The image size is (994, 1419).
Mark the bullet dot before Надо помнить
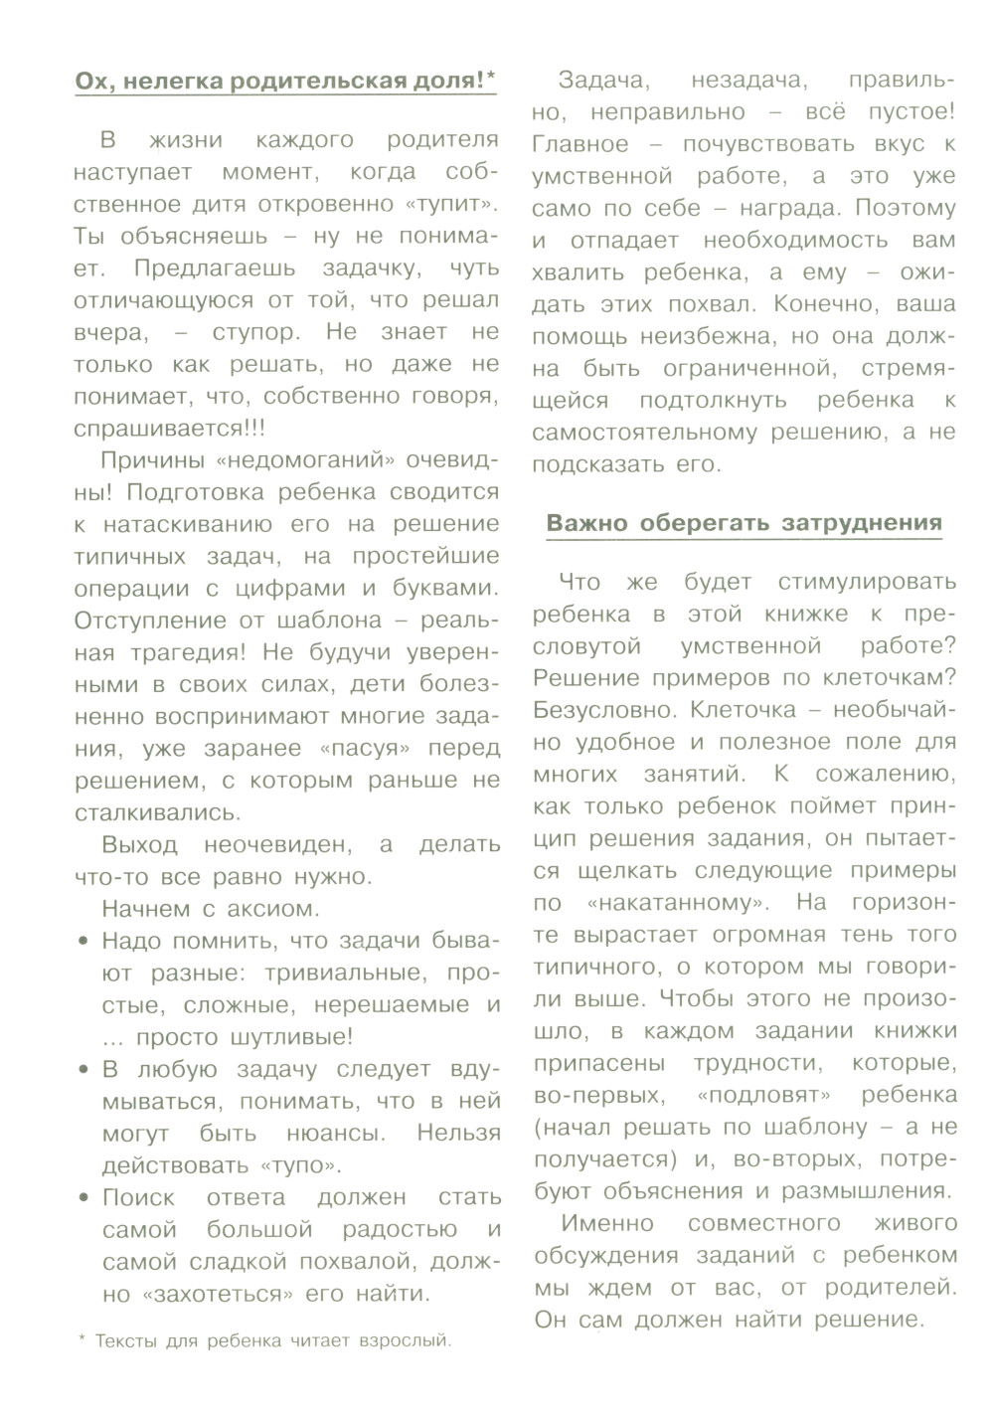click(x=83, y=941)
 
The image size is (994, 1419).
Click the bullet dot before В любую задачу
click(x=83, y=1070)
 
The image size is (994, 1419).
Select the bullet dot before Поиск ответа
click(x=83, y=1198)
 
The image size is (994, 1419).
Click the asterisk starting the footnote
click(x=82, y=1338)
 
